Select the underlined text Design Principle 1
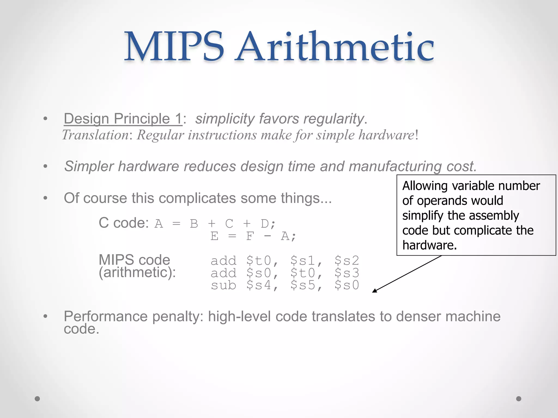[x=123, y=119]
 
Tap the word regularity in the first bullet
[x=334, y=119]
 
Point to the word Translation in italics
[x=95, y=135]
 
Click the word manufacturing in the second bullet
[x=395, y=166]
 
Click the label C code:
[x=124, y=223]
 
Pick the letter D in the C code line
[x=265, y=224]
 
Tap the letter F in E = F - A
[x=250, y=236]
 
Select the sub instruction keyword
[x=223, y=285]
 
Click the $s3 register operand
[x=347, y=273]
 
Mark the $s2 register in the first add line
[x=347, y=261]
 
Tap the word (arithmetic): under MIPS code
[x=137, y=272]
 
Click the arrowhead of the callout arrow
[x=374, y=291]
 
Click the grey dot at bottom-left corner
[x=37, y=399]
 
